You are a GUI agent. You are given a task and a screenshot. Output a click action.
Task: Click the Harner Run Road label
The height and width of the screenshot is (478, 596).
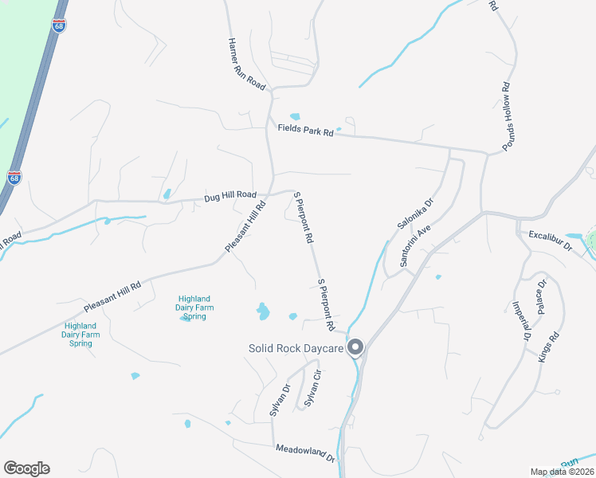(245, 64)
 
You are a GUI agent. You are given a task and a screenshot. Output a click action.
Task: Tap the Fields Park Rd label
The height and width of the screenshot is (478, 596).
(305, 130)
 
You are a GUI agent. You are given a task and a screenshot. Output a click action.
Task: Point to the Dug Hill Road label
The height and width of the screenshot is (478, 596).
(230, 194)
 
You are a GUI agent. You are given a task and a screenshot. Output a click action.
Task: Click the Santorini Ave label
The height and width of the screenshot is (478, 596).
(415, 245)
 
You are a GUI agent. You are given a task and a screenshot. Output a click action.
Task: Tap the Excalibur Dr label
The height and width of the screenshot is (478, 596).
(551, 241)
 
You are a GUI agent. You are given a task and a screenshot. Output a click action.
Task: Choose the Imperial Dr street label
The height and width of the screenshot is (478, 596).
(515, 321)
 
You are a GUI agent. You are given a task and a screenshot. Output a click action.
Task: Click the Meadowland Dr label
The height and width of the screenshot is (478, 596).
(305, 452)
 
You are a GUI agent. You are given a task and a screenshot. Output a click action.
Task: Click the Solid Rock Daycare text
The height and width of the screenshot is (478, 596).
(296, 348)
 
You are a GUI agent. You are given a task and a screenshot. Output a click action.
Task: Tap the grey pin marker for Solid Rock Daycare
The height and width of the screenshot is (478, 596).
(356, 347)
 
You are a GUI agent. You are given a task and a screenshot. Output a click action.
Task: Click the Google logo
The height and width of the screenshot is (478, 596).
(26, 468)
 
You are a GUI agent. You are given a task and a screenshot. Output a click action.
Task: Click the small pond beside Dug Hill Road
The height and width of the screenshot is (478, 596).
(167, 194)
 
